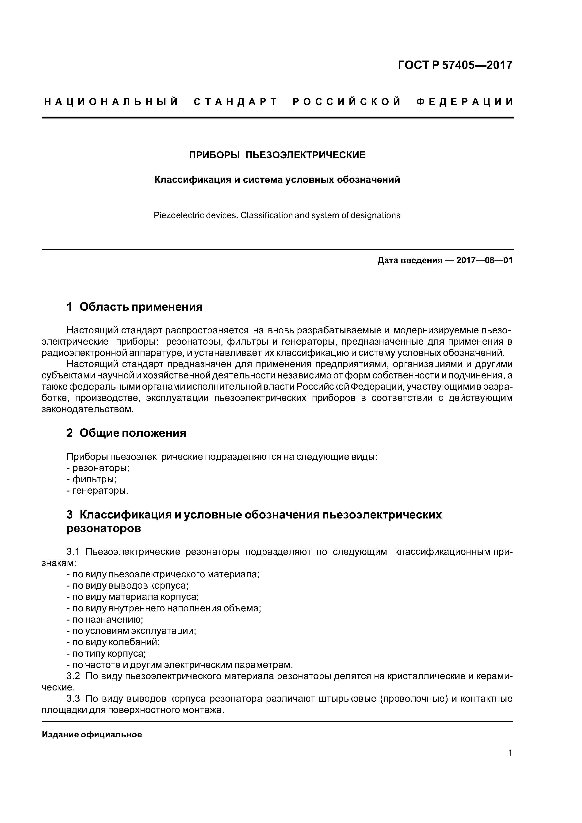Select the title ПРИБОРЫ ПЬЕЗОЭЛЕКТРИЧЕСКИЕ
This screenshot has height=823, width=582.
277,155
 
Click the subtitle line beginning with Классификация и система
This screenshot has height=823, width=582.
277,179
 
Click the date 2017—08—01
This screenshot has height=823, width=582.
484,261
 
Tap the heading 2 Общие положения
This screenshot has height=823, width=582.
126,433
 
